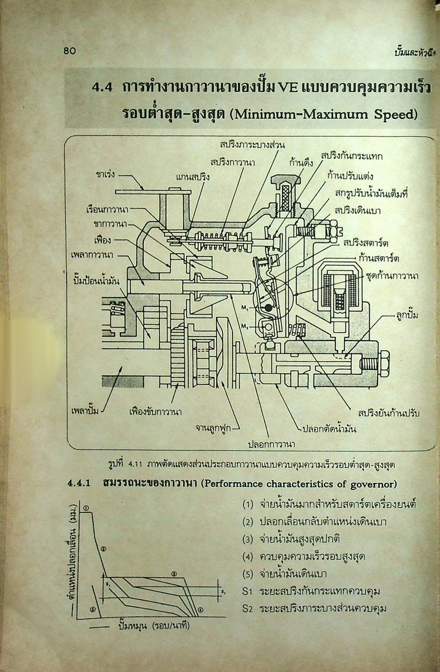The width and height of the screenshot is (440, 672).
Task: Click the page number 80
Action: [70, 51]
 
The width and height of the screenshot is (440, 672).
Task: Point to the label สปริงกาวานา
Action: [233, 162]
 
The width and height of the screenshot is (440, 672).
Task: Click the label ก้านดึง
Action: [301, 162]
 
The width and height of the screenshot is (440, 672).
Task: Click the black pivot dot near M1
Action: [269, 308]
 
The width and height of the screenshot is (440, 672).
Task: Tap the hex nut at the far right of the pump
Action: [383, 362]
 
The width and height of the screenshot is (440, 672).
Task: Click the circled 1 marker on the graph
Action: [86, 508]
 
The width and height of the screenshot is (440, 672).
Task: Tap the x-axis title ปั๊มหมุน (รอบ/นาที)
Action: [154, 626]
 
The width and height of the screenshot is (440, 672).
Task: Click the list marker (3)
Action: [248, 539]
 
